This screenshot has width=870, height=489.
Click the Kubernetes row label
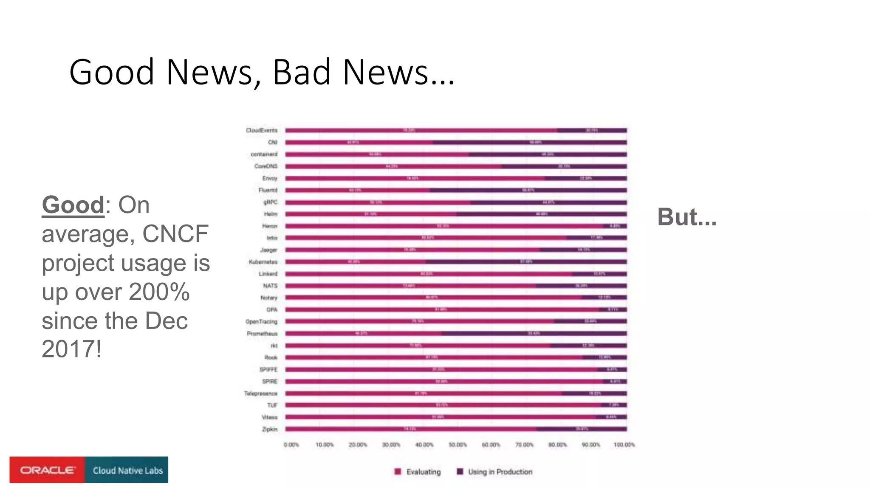click(263, 262)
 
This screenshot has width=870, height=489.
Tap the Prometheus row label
click(262, 334)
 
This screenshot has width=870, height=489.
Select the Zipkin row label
click(270, 429)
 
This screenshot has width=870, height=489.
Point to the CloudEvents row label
click(262, 130)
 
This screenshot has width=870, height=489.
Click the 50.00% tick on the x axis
click(458, 445)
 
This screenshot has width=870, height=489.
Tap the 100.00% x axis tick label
click(624, 445)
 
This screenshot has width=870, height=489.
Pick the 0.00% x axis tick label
click(291, 445)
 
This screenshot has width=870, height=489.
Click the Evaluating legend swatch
click(398, 472)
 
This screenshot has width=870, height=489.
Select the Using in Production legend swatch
click(460, 472)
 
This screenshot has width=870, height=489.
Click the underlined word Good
click(73, 205)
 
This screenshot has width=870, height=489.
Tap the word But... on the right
click(687, 217)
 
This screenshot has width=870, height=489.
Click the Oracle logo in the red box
click(48, 470)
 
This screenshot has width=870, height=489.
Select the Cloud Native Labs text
click(127, 470)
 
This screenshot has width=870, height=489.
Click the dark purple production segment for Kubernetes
click(526, 262)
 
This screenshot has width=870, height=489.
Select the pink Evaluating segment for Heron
click(443, 226)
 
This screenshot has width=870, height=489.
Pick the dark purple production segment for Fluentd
click(528, 190)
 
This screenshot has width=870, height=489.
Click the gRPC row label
click(271, 202)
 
